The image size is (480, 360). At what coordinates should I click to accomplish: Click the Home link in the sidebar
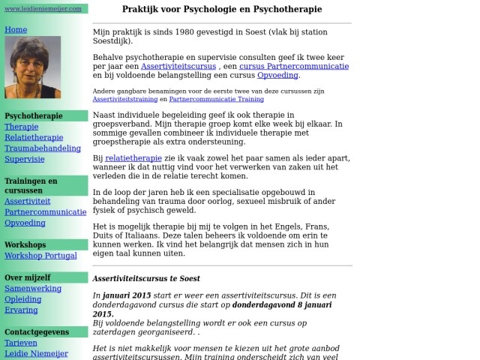(16, 30)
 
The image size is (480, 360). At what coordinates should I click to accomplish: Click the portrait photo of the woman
(32, 67)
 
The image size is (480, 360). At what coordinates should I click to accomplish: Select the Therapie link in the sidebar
(21, 127)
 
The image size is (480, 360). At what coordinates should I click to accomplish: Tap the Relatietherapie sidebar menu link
(34, 138)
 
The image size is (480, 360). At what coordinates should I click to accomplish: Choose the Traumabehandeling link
(43, 148)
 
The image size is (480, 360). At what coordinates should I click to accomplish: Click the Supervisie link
(25, 159)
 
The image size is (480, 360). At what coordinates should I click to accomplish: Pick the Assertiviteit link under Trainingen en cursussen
(28, 202)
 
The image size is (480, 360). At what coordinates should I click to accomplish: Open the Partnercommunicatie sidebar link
(45, 212)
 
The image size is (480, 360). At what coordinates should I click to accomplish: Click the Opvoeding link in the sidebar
(25, 223)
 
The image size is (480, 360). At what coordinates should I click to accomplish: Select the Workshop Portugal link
(40, 256)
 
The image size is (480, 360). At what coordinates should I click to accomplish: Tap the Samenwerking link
(33, 288)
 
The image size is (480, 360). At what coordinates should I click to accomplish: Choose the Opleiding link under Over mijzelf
(23, 299)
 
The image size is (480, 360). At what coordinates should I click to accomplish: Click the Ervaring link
(21, 310)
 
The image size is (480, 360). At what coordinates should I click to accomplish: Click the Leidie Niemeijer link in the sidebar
(36, 353)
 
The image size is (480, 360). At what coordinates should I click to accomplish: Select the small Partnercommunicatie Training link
(216, 99)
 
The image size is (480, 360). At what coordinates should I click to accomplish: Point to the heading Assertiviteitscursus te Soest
(146, 278)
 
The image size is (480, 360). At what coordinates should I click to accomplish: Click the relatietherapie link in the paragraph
(133, 158)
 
